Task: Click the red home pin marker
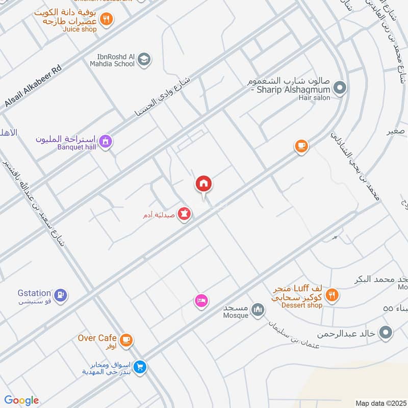(x=203, y=184)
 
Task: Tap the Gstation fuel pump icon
(x=61, y=295)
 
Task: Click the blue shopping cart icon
(x=140, y=366)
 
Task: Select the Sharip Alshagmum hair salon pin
(x=341, y=88)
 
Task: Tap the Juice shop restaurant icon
(x=106, y=19)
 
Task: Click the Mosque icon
(x=259, y=310)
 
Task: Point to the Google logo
(x=21, y=400)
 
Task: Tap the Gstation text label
(x=34, y=293)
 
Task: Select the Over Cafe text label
(x=98, y=338)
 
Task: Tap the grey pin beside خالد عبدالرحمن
(x=387, y=333)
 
